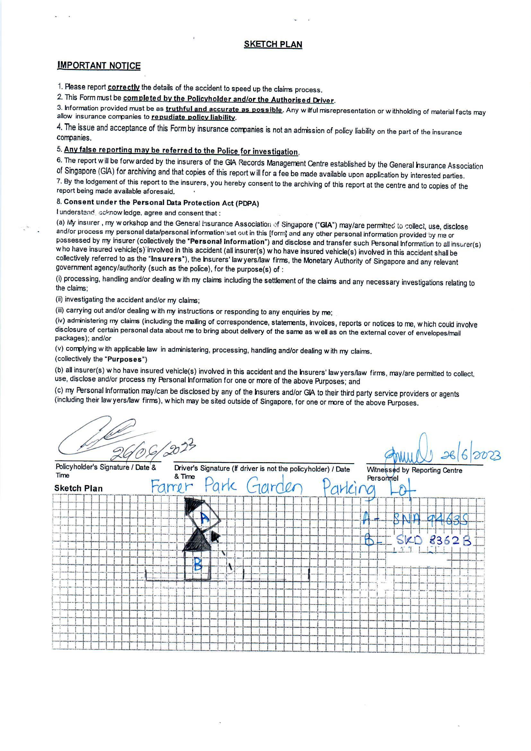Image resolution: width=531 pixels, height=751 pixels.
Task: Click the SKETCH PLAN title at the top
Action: click(273, 44)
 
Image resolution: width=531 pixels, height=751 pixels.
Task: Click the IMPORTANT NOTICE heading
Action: click(99, 66)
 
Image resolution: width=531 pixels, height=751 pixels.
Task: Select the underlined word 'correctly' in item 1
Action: click(124, 87)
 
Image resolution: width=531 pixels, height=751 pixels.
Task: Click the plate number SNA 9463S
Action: click(431, 519)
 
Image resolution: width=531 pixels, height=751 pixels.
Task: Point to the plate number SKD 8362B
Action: click(434, 541)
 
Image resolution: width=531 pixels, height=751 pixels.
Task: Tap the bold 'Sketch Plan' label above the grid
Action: click(78, 488)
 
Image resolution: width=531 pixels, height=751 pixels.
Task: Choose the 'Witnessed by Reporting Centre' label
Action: click(414, 470)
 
